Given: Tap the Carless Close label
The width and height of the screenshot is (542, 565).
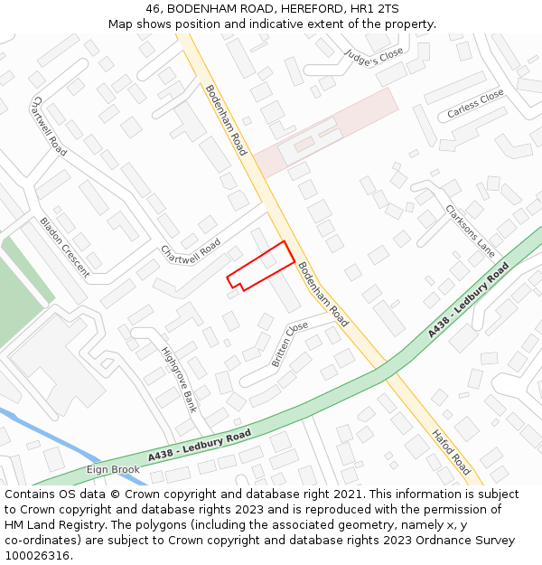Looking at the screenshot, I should click(x=475, y=105).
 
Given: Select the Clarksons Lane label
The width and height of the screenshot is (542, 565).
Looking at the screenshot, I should click(x=471, y=230).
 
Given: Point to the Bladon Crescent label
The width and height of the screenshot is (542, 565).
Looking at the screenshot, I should click(x=64, y=246).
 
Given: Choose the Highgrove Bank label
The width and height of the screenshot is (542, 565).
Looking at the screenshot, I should click(x=178, y=379).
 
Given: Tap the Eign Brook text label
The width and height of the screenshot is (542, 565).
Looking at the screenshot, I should click(x=113, y=469).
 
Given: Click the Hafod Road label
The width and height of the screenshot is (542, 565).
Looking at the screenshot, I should click(x=450, y=452).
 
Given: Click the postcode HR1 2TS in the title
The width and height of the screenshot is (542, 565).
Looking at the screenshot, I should click(x=376, y=8).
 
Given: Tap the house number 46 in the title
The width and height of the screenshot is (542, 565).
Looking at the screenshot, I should click(x=154, y=8).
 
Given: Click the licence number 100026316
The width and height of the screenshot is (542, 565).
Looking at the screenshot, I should click(x=37, y=555).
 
